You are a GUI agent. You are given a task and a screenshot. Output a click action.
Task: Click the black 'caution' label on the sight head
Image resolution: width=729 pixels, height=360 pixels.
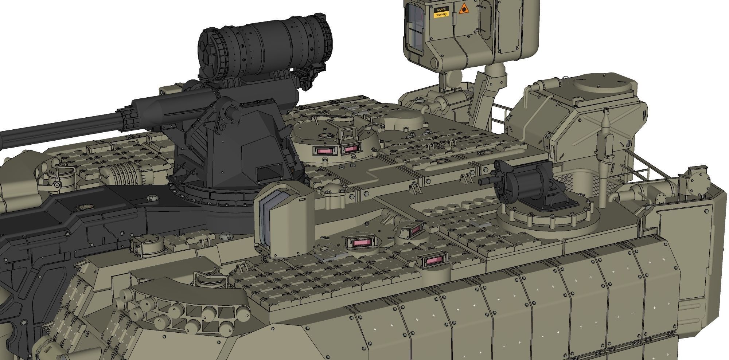pos(440,9)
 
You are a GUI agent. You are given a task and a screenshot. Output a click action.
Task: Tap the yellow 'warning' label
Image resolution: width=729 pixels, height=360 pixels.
pos(440,15)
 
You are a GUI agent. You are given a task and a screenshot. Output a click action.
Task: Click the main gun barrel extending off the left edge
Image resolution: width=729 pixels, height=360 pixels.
pos(55,129)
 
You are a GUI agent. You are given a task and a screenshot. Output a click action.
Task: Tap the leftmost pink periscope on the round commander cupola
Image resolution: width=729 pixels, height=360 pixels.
pos(323,151)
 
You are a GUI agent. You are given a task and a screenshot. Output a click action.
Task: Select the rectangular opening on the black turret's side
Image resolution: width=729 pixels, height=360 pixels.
pos(269,173)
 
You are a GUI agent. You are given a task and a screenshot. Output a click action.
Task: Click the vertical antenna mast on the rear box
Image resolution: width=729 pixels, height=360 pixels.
pos(605,146)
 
